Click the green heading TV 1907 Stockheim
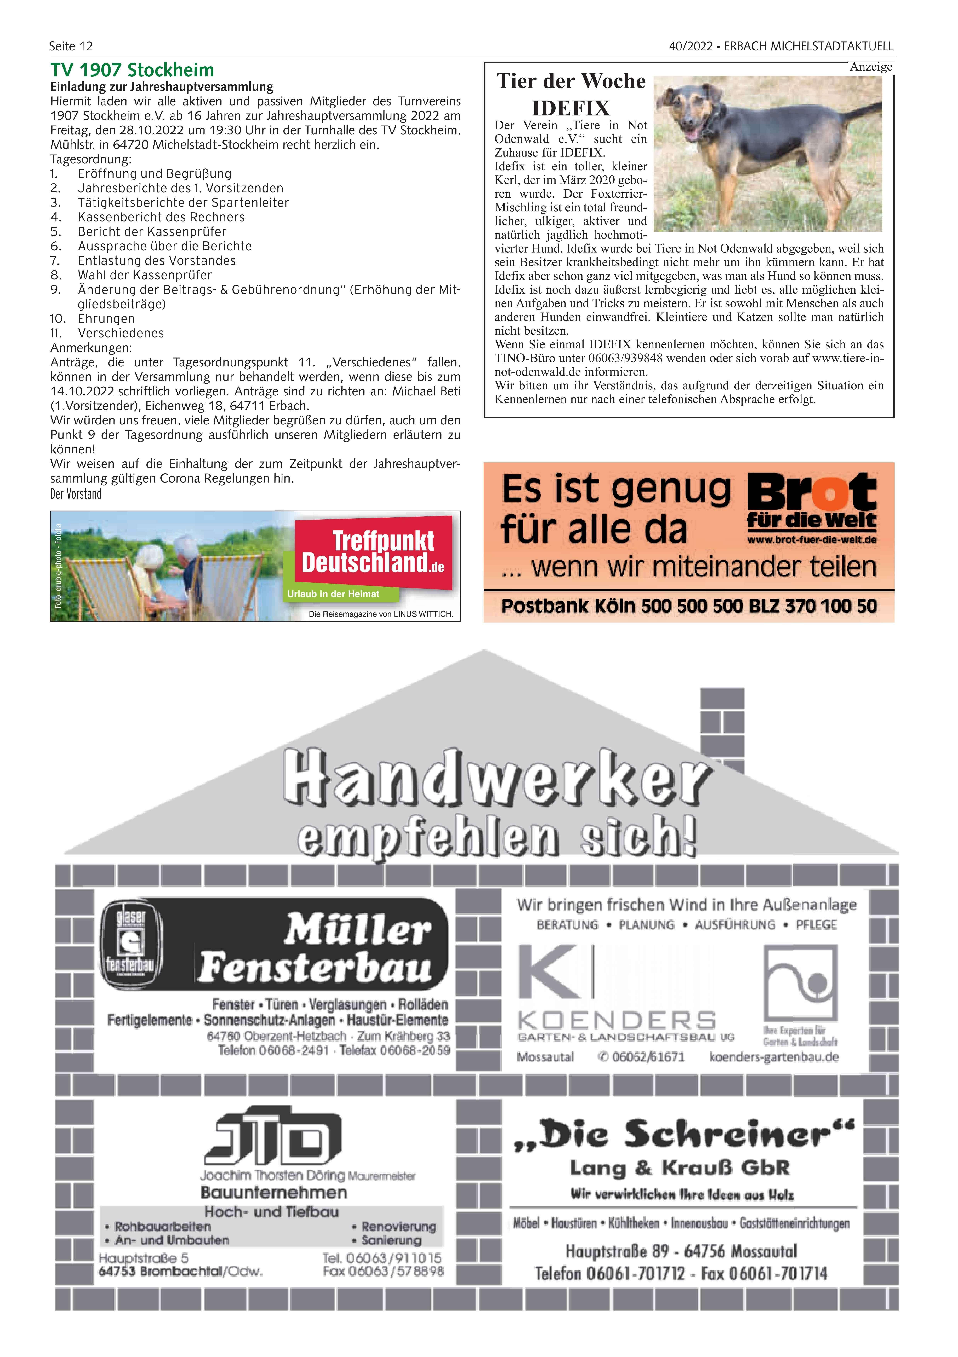click(132, 70)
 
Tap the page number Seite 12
click(71, 46)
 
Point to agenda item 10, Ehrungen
click(106, 319)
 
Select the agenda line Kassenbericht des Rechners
click(161, 217)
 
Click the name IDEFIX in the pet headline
click(571, 108)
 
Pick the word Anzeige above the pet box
click(871, 67)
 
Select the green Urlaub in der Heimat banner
click(334, 594)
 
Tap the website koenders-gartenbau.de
click(774, 1057)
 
